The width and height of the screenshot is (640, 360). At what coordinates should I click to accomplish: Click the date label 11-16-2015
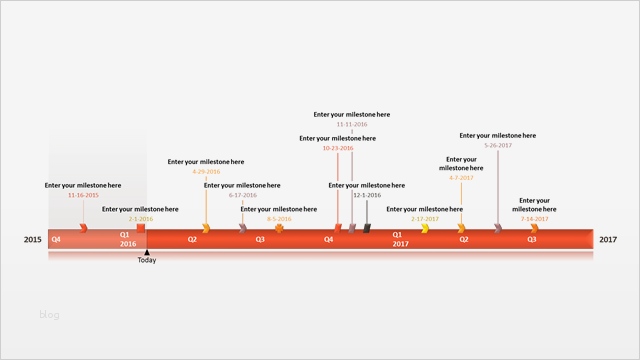point(83,195)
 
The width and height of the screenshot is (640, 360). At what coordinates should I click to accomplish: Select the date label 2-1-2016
point(140,218)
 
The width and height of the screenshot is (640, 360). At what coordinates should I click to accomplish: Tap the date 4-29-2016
point(206,171)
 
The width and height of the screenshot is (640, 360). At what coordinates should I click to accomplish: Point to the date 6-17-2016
point(243,195)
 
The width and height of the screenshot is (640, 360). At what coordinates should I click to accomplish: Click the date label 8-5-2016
point(279,218)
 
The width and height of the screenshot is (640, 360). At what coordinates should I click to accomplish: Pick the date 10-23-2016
point(338,148)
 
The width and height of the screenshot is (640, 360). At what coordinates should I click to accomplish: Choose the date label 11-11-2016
point(352,124)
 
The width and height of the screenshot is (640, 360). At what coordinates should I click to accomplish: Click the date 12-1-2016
point(367,195)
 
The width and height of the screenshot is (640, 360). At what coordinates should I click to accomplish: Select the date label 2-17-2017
point(425,218)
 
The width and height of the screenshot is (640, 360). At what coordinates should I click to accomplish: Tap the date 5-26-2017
point(498,145)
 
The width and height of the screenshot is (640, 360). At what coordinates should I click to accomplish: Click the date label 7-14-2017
point(535,218)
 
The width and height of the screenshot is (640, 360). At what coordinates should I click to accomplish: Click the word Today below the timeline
point(147,260)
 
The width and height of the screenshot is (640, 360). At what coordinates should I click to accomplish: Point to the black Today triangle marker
point(147,252)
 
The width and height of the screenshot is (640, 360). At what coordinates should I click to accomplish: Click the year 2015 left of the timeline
point(33,239)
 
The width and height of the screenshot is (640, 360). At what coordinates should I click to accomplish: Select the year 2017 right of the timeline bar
point(608,239)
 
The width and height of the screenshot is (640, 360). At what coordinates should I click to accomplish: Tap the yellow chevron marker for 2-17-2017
point(425,229)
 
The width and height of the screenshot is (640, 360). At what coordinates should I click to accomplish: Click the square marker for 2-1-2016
point(141,229)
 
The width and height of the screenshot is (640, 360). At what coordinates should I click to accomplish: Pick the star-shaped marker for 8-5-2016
point(280,229)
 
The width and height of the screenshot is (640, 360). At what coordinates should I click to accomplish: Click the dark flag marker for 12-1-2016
point(367,229)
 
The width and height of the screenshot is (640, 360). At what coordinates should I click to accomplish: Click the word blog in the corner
point(50,315)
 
